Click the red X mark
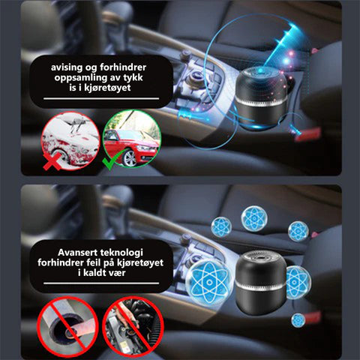tap(52, 161)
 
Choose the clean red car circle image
tap(132, 139)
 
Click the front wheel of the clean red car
tap(129, 158)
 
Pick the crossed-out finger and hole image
tap(67, 324)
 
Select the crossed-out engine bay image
tap(133, 324)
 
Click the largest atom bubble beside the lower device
tap(209, 282)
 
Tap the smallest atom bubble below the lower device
tap(298, 320)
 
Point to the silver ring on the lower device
tap(260, 286)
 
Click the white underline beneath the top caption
tap(101, 98)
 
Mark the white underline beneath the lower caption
tap(101, 283)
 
